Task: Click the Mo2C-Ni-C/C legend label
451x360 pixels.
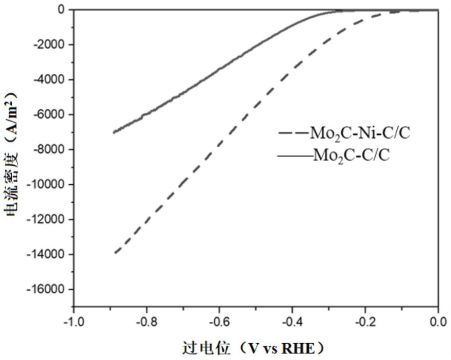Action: coord(360,134)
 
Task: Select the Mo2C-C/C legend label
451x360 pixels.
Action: coord(351,156)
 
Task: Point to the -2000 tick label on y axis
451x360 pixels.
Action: coord(50,45)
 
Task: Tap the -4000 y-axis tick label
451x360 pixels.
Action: coord(50,80)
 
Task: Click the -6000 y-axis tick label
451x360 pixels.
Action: coord(50,114)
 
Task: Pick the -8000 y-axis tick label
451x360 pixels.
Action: coord(50,150)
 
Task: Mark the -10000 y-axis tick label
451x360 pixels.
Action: coord(46,184)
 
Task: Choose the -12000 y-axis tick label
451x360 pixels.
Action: coord(46,219)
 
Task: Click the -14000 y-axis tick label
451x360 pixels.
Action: coord(46,254)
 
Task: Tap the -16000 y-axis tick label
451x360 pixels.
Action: coord(46,289)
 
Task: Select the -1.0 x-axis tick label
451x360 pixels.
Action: coord(74,322)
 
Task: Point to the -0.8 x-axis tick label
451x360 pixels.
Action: coord(147,322)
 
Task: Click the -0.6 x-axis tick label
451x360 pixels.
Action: coord(220,322)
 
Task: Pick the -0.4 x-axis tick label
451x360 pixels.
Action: coord(292,322)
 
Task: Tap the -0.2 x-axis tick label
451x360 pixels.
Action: coord(365,322)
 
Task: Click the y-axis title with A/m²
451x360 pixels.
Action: coord(12,155)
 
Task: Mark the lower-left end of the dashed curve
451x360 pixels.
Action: coord(115,253)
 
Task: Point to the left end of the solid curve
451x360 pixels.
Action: coord(114,132)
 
